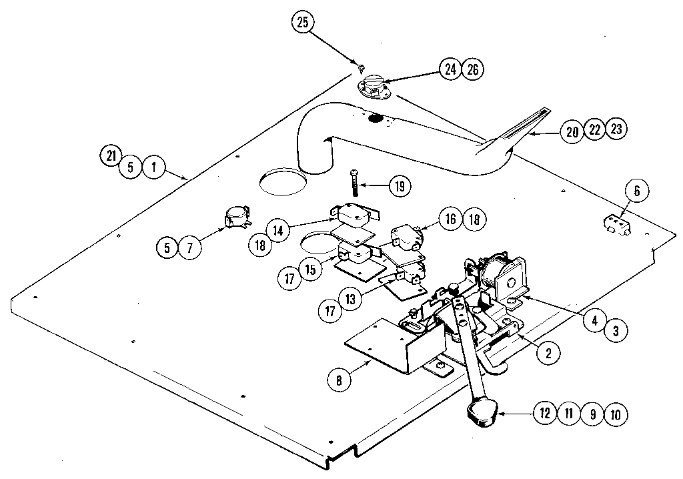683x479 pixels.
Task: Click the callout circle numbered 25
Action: point(302,23)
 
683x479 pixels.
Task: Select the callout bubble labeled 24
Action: point(451,69)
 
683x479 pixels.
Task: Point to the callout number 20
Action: point(572,131)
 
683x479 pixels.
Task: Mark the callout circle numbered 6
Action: point(636,191)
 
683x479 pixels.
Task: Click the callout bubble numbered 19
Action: point(400,186)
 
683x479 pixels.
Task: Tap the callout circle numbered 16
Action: point(450,219)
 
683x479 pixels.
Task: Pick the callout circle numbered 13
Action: point(349,298)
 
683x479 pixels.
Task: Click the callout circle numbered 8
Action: point(339,381)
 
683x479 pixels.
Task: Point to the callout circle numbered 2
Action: point(548,353)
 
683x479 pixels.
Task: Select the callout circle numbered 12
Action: point(545,414)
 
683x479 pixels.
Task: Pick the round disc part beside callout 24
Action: point(377,87)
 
